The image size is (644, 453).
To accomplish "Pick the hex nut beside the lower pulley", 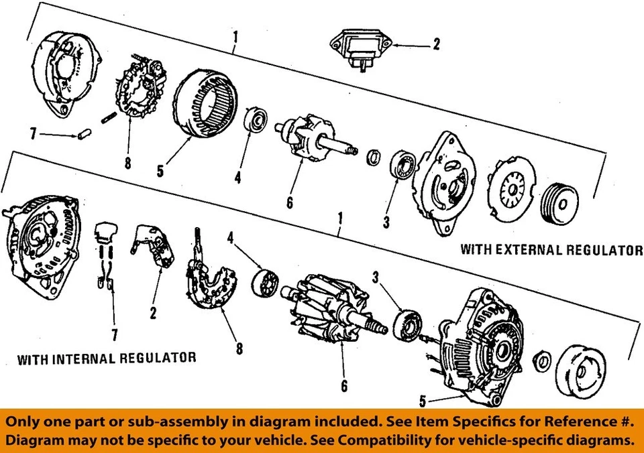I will (x=543, y=362).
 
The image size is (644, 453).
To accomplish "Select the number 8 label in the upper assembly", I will (x=128, y=162).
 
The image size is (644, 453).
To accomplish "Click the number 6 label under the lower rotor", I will (x=343, y=386).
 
